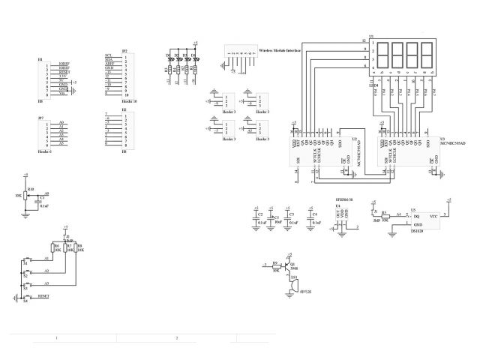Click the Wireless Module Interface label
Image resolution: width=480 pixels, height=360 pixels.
coord(280,51)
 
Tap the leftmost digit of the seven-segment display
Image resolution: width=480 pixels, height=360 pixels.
coord(382,54)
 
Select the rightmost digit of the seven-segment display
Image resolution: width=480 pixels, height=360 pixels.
coord(427,54)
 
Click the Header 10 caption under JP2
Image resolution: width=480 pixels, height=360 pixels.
coord(129,100)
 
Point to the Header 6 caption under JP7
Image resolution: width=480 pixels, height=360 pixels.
coord(44,151)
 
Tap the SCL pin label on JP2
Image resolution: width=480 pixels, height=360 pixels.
coord(109,56)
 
